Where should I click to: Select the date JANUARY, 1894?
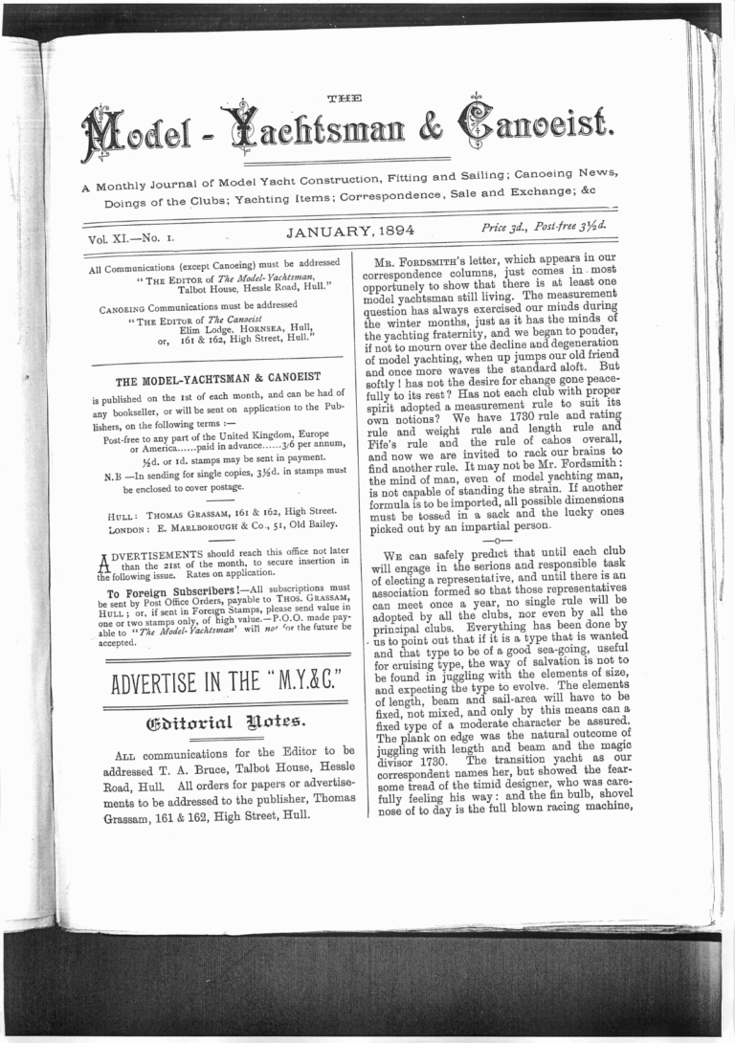point(347,230)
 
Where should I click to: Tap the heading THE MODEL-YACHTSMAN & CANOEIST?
point(217,378)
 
